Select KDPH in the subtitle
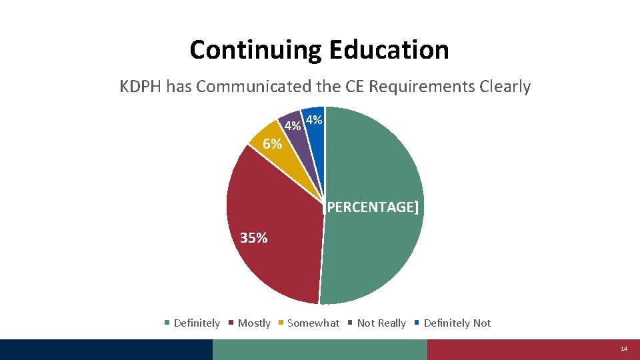click(x=141, y=87)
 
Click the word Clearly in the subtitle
click(x=506, y=87)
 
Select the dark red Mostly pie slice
click(x=273, y=227)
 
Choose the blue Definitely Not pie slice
click(x=316, y=133)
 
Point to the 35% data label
click(x=253, y=237)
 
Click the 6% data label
click(x=272, y=143)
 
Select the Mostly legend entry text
click(x=254, y=323)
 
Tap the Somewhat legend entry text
click(x=313, y=323)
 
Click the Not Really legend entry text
click(x=381, y=323)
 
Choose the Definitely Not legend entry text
click(x=457, y=323)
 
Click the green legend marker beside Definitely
click(x=167, y=323)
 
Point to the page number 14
click(x=624, y=349)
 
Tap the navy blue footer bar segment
click(x=107, y=349)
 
